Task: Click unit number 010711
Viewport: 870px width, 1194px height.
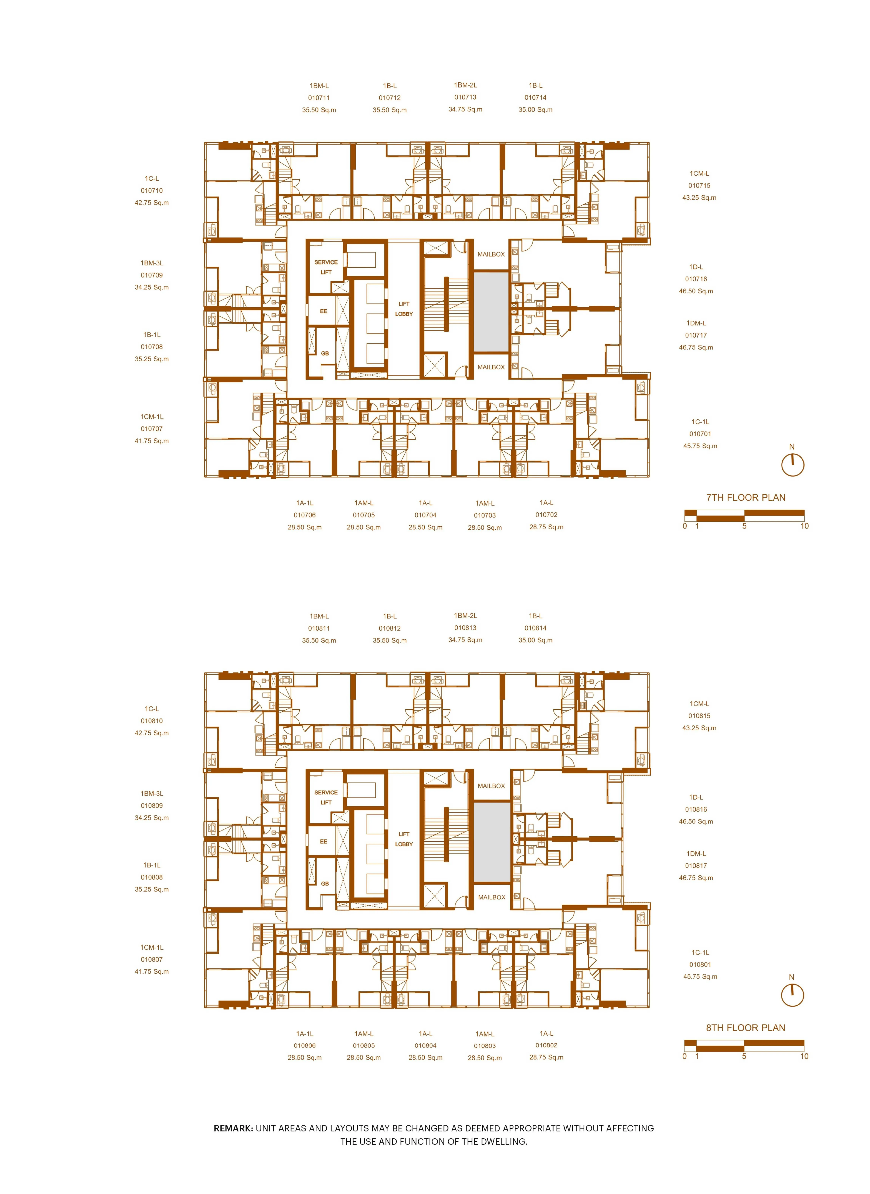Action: click(x=319, y=98)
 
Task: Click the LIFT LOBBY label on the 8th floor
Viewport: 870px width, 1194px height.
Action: click(x=404, y=839)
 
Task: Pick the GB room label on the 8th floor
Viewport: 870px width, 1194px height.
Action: click(x=325, y=884)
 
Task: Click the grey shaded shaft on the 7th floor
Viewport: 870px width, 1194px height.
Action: click(x=491, y=311)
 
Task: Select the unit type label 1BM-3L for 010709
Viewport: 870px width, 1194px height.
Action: click(x=152, y=263)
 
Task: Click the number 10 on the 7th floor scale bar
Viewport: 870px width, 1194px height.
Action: click(x=804, y=526)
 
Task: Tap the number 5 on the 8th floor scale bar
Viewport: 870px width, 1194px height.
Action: click(x=744, y=1056)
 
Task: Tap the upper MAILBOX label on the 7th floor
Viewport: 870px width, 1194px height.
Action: click(x=491, y=254)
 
